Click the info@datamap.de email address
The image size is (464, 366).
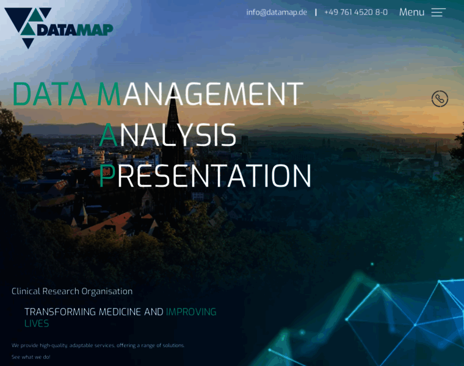[x=277, y=12]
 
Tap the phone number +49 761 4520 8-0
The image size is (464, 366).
[x=355, y=12]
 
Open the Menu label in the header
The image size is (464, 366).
[x=411, y=12]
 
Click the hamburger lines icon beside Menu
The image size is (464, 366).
[x=438, y=12]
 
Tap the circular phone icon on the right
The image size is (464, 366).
[x=440, y=99]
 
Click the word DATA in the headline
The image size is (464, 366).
[x=50, y=95]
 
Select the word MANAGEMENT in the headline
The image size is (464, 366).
[x=200, y=95]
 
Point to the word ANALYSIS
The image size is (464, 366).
[x=168, y=135]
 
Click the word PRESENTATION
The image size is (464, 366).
[x=205, y=176]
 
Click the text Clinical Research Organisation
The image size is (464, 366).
[x=72, y=291]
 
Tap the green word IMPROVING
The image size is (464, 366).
[x=191, y=312]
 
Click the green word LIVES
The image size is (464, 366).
[x=37, y=323]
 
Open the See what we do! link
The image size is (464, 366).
[x=31, y=357]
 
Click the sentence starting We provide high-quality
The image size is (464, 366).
[x=98, y=345]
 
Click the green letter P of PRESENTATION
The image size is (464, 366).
[x=106, y=176]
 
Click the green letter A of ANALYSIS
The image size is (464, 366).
[x=108, y=135]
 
